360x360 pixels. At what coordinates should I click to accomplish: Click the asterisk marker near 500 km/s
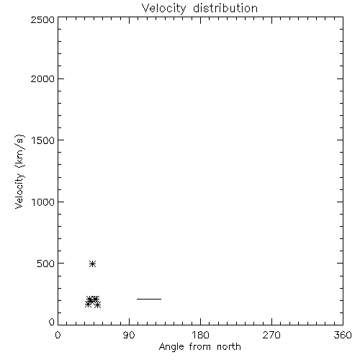click(x=92, y=264)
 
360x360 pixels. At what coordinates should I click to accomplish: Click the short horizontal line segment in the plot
click(x=149, y=299)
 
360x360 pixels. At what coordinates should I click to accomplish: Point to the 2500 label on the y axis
click(x=42, y=19)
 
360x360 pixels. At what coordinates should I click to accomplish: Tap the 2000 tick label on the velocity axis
click(x=42, y=78)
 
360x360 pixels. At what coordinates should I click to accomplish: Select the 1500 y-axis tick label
click(x=43, y=140)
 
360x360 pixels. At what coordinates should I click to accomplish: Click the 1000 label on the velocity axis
click(x=43, y=202)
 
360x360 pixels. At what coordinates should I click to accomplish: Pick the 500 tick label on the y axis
click(x=46, y=264)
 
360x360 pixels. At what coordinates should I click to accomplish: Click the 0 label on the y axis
click(x=52, y=322)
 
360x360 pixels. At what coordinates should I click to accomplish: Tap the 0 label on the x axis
click(x=58, y=335)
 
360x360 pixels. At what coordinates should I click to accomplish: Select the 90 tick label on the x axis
click(x=129, y=335)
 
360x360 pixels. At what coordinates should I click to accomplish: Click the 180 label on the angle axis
click(x=200, y=335)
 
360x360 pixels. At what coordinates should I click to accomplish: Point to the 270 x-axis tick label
click(x=271, y=335)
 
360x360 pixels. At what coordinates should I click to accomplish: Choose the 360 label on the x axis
click(x=343, y=335)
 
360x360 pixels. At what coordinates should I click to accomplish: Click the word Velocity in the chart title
click(x=163, y=9)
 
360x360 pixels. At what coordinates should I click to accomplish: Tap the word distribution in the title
click(x=225, y=9)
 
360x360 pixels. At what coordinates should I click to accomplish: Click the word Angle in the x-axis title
click(x=171, y=347)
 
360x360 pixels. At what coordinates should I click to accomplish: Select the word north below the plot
click(x=229, y=347)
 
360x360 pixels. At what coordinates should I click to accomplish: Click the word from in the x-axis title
click(x=200, y=347)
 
